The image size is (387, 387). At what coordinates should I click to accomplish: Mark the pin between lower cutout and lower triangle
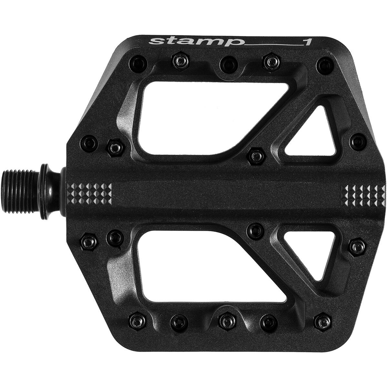[x=256, y=230]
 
